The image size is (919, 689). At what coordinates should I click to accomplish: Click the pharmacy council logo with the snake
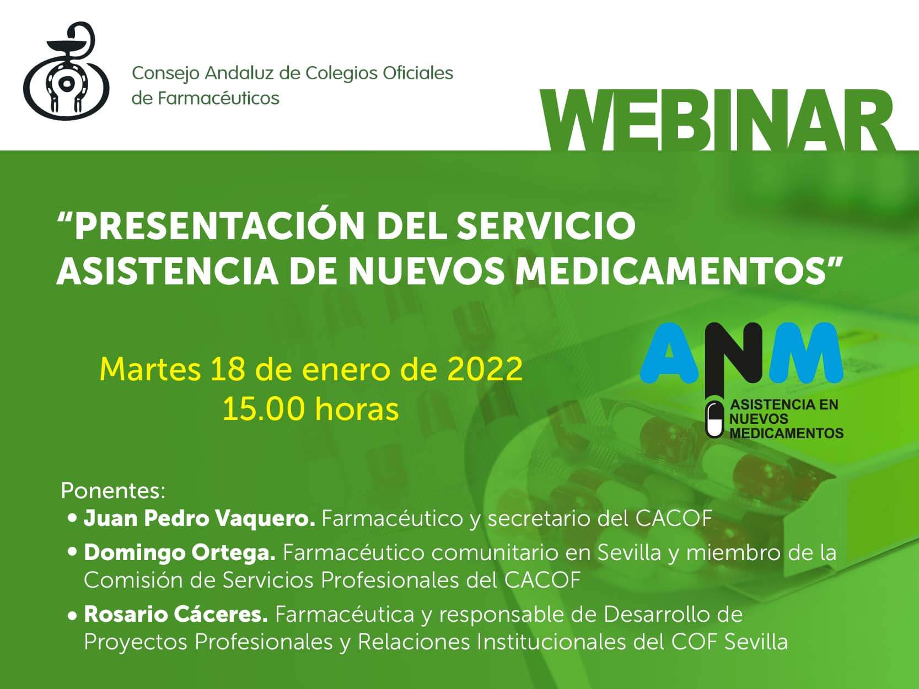(66, 71)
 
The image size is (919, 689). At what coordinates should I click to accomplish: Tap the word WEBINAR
(717, 121)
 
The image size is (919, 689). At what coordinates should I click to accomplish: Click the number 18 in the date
(227, 369)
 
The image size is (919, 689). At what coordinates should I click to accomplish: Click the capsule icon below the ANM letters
(714, 419)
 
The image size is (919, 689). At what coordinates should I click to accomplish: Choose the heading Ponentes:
(114, 491)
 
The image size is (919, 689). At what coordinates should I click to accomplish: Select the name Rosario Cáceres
(175, 615)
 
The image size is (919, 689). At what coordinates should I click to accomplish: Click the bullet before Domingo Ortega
(72, 552)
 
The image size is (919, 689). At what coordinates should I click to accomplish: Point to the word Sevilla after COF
(756, 642)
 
